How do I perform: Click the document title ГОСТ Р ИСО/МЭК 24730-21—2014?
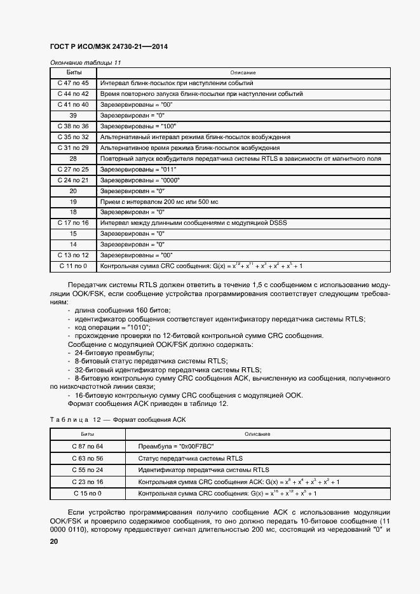(x=108, y=48)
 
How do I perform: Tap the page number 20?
(x=54, y=541)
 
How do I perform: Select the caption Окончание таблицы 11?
(x=85, y=63)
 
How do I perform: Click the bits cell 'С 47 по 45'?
(x=73, y=83)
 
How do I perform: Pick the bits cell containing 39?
(x=73, y=116)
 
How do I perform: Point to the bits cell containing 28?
(x=73, y=159)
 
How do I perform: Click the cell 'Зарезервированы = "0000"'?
(x=140, y=180)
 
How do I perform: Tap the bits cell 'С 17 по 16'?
(x=73, y=223)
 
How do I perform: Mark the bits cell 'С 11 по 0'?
(x=73, y=266)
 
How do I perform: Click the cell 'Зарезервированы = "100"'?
(x=139, y=126)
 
